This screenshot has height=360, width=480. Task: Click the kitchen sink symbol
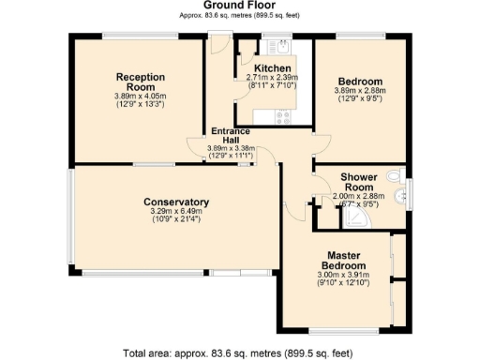point(280,47)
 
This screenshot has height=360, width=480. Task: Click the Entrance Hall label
point(230,136)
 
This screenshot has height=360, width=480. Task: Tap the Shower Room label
point(358,181)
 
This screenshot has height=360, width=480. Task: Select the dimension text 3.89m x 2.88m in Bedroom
point(361,91)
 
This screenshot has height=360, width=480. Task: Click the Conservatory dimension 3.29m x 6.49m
point(176,212)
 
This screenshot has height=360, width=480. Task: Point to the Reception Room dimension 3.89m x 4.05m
point(141,96)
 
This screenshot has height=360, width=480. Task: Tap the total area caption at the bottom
point(239,352)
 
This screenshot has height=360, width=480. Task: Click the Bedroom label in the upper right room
point(361,81)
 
